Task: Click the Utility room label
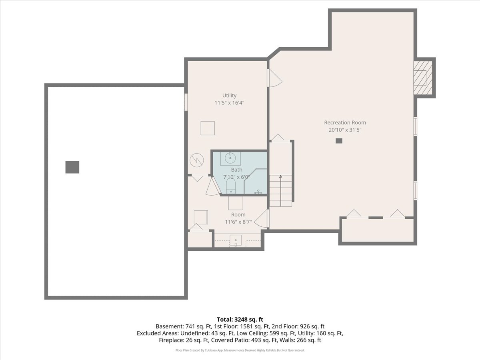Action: (x=229, y=95)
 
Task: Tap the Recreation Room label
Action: (x=345, y=122)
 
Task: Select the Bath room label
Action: (x=236, y=170)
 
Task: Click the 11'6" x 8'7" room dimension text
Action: (x=238, y=222)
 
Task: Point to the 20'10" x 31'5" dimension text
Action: (x=345, y=130)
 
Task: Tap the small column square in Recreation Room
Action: (x=339, y=141)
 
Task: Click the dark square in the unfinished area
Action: (x=72, y=167)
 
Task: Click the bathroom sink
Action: (x=230, y=158)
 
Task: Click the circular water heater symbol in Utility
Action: (x=196, y=160)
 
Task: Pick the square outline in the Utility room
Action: (x=208, y=128)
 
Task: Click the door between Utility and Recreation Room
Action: (x=274, y=78)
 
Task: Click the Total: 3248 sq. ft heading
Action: (x=240, y=319)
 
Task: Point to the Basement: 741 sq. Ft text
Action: (x=180, y=326)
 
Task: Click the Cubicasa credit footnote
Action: (x=240, y=350)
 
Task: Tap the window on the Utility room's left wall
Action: (x=186, y=102)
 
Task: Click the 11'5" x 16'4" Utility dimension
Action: (x=229, y=103)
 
